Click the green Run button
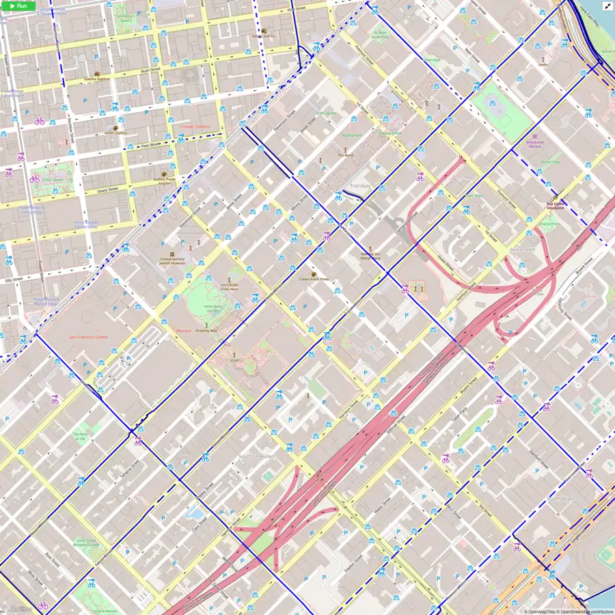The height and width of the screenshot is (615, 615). point(18,5)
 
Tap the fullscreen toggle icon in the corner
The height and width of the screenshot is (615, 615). point(607,5)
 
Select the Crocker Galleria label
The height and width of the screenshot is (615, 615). point(195,126)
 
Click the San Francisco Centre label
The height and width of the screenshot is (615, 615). point(87,337)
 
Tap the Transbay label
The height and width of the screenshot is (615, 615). point(359,185)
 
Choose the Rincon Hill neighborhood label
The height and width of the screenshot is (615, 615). point(521,250)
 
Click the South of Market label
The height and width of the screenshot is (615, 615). point(256,456)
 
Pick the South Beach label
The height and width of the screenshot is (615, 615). point(560,499)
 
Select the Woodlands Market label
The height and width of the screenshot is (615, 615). point(535,143)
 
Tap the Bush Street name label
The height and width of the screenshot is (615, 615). point(150,70)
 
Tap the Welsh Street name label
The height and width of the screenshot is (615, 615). point(381,507)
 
